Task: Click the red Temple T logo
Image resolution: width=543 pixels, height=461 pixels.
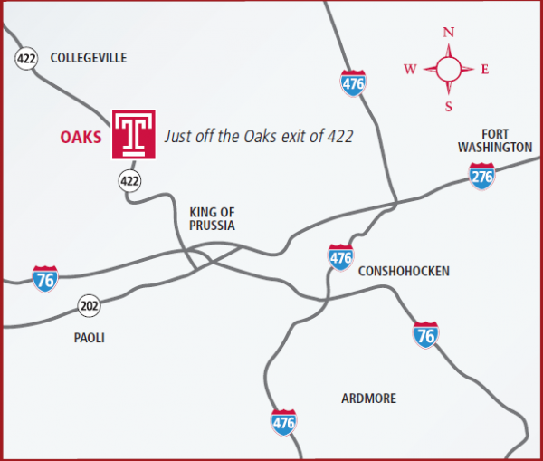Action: click(134, 134)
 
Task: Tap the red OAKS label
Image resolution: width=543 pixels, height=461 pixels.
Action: click(81, 138)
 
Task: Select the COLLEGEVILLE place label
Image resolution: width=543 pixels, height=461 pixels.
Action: click(89, 58)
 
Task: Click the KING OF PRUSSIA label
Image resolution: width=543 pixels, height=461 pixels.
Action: click(212, 218)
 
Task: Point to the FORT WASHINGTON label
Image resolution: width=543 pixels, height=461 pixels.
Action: click(494, 139)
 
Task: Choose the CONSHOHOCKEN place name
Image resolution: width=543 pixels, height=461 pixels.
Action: click(404, 271)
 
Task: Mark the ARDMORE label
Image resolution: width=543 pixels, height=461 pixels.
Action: click(368, 399)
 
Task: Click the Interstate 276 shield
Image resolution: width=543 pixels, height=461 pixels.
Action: click(481, 176)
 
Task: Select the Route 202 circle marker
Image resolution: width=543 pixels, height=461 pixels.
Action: click(88, 304)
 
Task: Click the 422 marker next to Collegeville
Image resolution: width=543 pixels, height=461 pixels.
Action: click(25, 59)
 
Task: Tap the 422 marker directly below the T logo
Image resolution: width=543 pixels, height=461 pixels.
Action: click(129, 181)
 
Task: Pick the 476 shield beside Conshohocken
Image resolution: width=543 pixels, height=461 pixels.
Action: click(340, 257)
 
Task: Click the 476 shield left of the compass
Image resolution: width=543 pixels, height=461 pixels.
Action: click(353, 83)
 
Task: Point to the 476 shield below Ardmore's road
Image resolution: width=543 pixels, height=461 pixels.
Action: click(283, 421)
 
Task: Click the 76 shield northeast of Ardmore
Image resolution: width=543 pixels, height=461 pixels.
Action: click(425, 334)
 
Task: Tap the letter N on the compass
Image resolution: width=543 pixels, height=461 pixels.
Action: click(448, 33)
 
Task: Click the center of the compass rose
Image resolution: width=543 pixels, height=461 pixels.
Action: click(448, 69)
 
